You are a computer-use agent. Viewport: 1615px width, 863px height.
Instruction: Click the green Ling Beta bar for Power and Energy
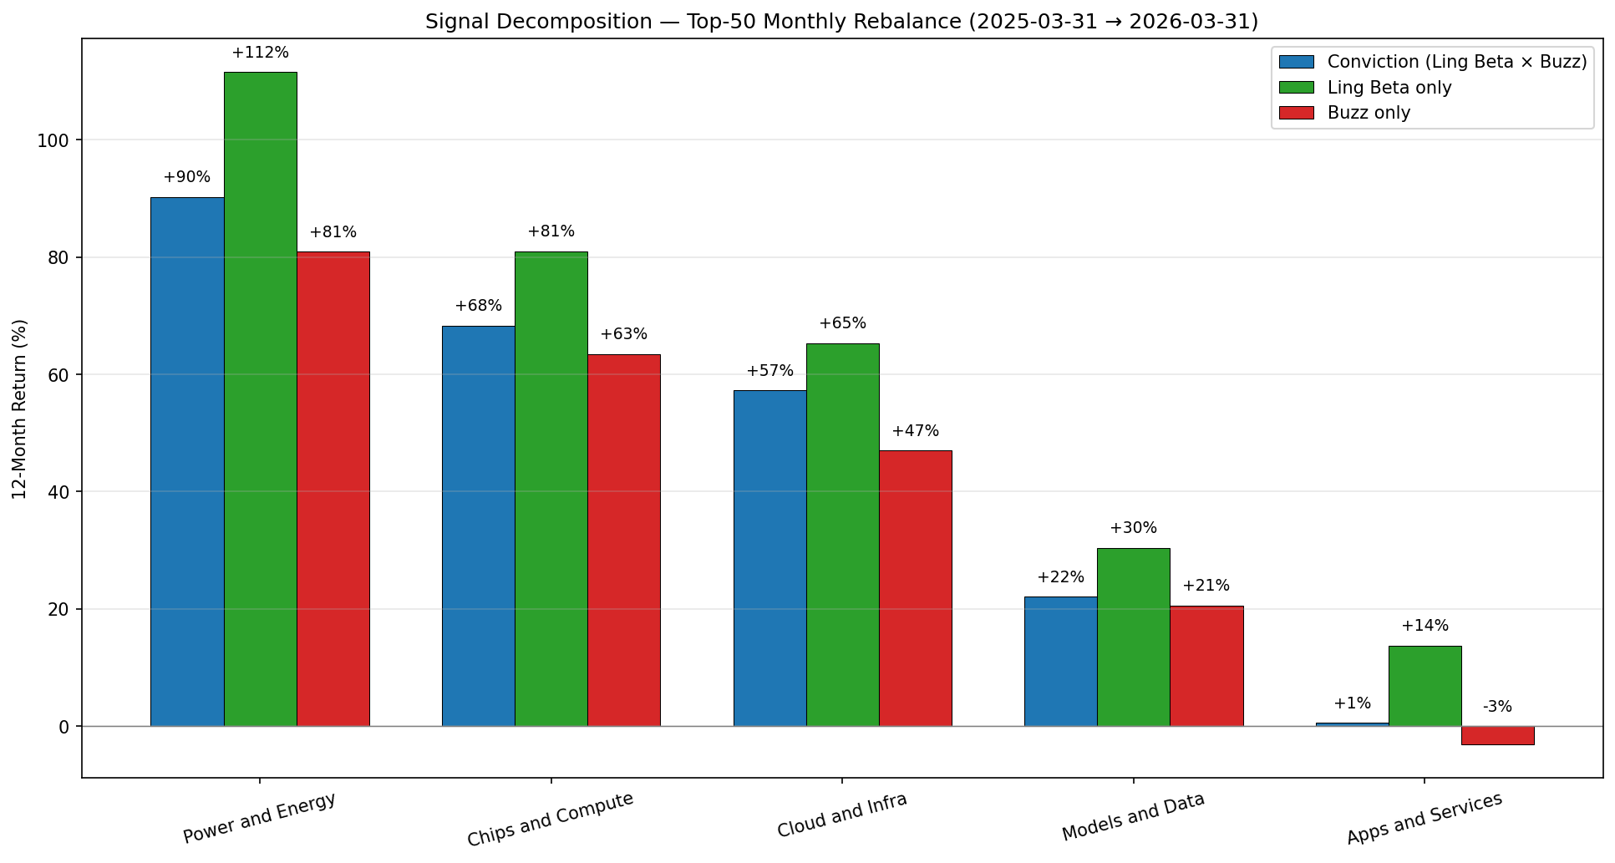coord(260,399)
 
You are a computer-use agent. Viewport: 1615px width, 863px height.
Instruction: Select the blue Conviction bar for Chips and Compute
coord(478,526)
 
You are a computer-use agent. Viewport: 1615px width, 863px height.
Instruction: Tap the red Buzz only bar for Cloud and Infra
coord(915,588)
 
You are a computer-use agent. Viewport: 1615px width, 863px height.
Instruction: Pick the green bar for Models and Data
coord(1133,637)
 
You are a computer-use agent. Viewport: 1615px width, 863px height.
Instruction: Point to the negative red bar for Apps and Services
coord(1497,735)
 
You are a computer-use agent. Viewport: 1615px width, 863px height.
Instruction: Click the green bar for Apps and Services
coord(1425,686)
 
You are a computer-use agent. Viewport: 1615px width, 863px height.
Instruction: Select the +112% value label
coord(260,53)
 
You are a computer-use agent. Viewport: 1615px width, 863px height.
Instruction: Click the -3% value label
coord(1497,707)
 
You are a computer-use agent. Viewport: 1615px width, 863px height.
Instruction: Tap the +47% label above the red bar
coord(915,431)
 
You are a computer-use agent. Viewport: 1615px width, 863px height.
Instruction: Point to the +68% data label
coord(478,306)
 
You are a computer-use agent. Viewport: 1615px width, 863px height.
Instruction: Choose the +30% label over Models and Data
coord(1133,528)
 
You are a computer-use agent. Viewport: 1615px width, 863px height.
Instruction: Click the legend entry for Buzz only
coord(1369,113)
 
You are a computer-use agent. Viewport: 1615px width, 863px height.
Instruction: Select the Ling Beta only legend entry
coord(1389,88)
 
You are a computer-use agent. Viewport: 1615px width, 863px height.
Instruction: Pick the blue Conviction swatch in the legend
coord(1296,62)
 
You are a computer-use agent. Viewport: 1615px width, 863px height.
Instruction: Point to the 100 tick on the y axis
coord(53,140)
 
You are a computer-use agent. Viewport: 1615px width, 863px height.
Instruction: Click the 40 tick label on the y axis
coord(58,492)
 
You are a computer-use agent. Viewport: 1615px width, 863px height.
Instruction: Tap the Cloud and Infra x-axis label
coord(841,815)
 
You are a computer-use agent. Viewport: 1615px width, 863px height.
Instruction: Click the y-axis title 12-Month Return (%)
coord(20,409)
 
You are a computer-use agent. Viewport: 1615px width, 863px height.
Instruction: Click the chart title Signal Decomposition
coord(841,22)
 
